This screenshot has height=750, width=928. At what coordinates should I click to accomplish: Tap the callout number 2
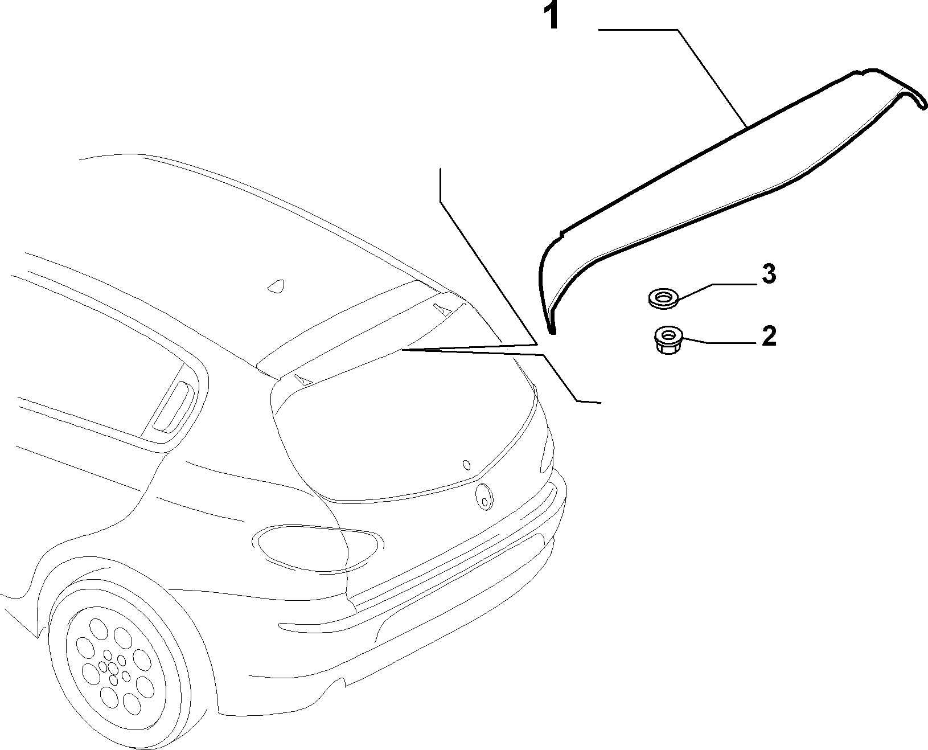coord(769,337)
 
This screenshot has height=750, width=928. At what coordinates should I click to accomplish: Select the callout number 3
coord(769,274)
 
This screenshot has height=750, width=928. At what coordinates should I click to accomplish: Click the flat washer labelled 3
coord(663,298)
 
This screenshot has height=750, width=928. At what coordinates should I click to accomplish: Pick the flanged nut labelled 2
coord(668,339)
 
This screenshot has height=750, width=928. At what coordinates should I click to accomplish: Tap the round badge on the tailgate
coord(484,497)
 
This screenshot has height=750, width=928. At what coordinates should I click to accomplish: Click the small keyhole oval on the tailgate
coord(466,465)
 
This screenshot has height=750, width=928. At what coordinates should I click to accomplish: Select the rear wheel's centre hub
coord(112,668)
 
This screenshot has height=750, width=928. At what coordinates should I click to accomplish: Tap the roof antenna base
coord(276,286)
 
